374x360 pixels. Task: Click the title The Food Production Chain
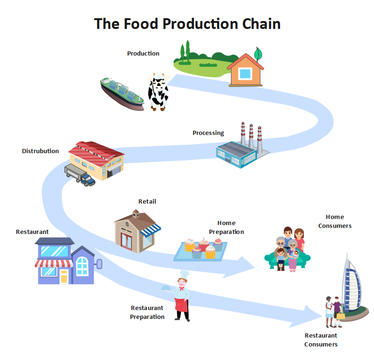187,24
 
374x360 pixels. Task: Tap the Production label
143,53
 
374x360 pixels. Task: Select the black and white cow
158,91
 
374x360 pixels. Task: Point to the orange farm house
245,71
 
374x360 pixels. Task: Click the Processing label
208,133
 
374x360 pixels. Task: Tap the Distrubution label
40,151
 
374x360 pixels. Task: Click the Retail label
147,201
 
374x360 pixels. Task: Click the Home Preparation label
226,227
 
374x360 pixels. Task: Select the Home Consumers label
335,221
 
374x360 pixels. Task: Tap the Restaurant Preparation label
147,312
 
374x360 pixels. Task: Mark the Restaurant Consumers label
321,339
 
